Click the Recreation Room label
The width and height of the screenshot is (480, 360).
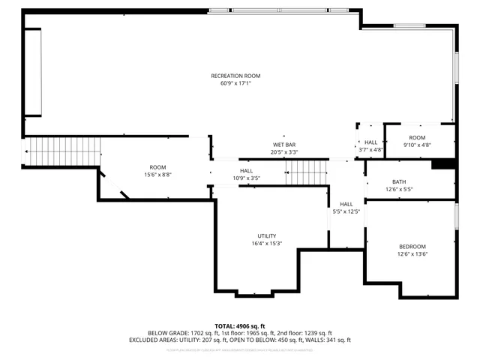pos(235,76)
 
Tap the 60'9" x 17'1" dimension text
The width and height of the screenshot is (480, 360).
pos(235,83)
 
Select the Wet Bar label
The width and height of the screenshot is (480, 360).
pos(283,144)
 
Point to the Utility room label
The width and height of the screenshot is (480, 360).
pos(266,235)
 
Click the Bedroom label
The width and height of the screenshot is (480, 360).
pos(412,247)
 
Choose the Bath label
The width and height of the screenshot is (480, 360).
pos(399,181)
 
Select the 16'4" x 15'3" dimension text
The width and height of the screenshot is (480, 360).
pos(266,243)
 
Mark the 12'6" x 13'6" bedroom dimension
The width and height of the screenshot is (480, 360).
pos(412,254)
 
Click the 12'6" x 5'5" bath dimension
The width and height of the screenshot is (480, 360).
pos(399,189)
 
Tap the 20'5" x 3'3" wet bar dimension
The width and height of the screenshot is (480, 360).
pos(283,151)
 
